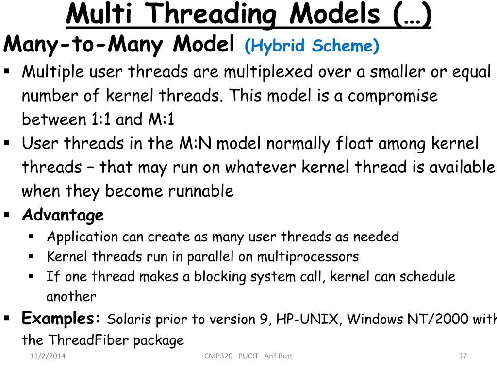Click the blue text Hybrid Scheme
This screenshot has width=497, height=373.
coord(312,46)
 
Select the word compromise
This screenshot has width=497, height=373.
coord(393,96)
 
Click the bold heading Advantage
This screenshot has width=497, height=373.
coord(63,215)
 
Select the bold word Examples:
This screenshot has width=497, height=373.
coord(62,319)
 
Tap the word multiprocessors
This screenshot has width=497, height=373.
coord(308,256)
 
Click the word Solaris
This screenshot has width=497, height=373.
coord(129,320)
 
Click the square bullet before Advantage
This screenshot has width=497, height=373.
coord(7,214)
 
